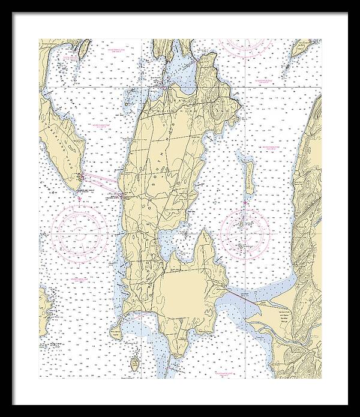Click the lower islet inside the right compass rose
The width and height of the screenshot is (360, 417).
point(241,247)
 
